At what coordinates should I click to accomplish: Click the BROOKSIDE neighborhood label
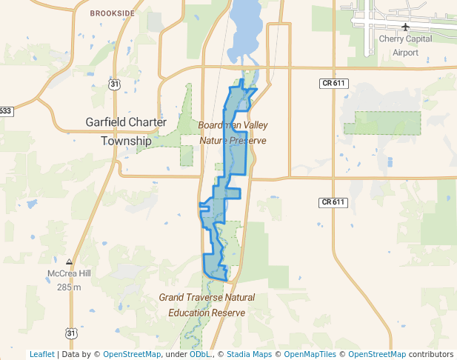[113, 13]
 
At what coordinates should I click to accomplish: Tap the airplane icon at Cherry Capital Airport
[405, 27]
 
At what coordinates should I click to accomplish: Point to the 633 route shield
[5, 111]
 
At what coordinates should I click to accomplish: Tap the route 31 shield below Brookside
[113, 85]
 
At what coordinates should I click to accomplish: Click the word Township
[126, 141]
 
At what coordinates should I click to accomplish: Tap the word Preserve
[247, 139]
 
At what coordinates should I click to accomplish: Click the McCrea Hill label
[69, 273]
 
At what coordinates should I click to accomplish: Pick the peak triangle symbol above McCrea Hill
[69, 261]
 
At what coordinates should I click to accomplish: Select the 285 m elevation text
[69, 287]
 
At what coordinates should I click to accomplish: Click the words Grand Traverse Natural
[207, 298]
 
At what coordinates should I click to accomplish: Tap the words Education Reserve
[207, 313]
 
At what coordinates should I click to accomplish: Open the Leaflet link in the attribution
[41, 354]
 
